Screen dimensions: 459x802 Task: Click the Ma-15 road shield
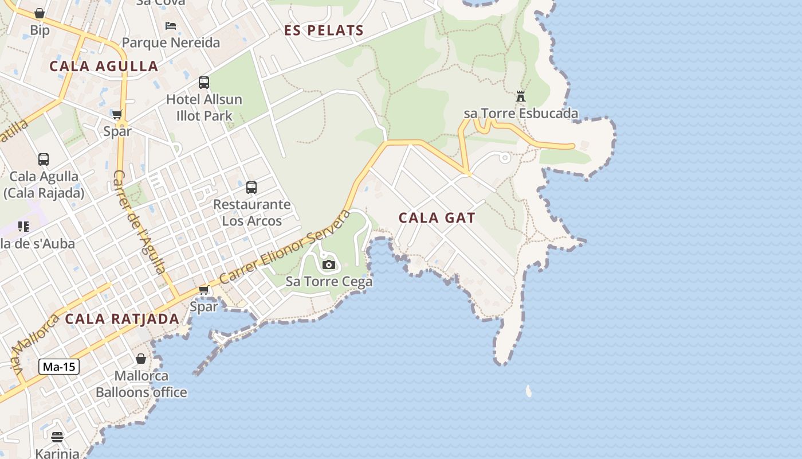coord(59,367)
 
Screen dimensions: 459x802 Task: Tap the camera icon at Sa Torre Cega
coord(329,264)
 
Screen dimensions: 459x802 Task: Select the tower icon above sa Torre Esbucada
coord(521,96)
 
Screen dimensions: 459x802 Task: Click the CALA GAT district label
coord(437,218)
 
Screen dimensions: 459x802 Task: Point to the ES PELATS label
coord(324,31)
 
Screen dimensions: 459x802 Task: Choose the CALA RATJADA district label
coord(122,319)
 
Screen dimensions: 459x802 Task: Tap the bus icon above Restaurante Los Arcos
coord(251,187)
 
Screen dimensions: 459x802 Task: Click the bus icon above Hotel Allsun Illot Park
coord(204,83)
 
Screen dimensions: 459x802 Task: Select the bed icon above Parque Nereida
coord(171,26)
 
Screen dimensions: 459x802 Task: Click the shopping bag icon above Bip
coord(40,13)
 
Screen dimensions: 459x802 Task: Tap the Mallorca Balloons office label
coord(141,384)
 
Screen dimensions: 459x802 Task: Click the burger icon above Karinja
coord(57,437)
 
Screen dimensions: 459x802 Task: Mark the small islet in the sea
coord(528,391)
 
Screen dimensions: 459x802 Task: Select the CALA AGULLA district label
coord(104,67)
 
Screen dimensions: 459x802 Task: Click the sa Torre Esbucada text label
coord(521,114)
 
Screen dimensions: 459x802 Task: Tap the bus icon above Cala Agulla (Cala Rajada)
coord(44,160)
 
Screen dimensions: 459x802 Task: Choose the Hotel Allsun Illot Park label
coord(204,108)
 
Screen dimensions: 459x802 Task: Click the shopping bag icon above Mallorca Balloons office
coord(141,359)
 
